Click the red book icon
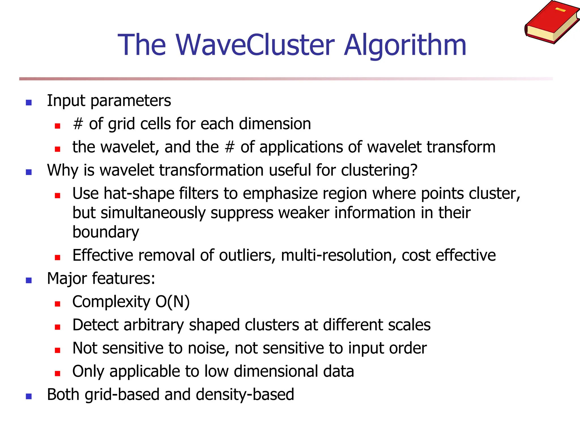(x=551, y=23)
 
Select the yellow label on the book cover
(x=560, y=10)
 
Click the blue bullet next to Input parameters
(x=29, y=102)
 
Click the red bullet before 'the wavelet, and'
(x=57, y=149)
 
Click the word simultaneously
(x=153, y=213)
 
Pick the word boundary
(x=106, y=232)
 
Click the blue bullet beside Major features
(x=29, y=280)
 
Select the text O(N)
(x=172, y=302)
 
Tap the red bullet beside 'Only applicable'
(x=57, y=373)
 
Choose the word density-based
(x=245, y=395)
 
